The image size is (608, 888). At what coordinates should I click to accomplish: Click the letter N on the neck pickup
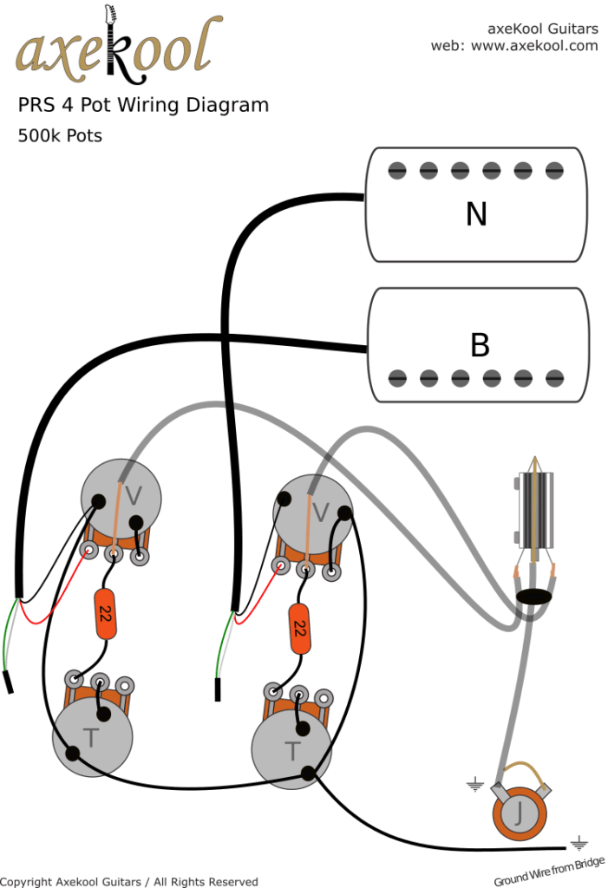click(476, 213)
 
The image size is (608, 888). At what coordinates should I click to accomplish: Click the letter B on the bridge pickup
click(479, 344)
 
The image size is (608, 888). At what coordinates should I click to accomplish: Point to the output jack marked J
click(516, 813)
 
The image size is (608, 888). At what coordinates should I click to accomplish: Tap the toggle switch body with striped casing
click(536, 511)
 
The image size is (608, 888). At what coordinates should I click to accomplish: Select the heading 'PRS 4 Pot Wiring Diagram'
click(143, 106)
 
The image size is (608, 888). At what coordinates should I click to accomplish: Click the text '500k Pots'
click(60, 136)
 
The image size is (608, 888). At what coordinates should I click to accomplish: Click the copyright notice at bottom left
click(129, 881)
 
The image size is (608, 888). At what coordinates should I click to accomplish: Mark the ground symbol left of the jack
click(474, 786)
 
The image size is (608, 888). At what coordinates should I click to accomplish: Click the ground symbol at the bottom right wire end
click(579, 842)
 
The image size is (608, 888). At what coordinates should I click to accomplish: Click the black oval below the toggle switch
click(535, 597)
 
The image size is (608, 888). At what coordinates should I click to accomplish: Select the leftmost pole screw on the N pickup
click(397, 171)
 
